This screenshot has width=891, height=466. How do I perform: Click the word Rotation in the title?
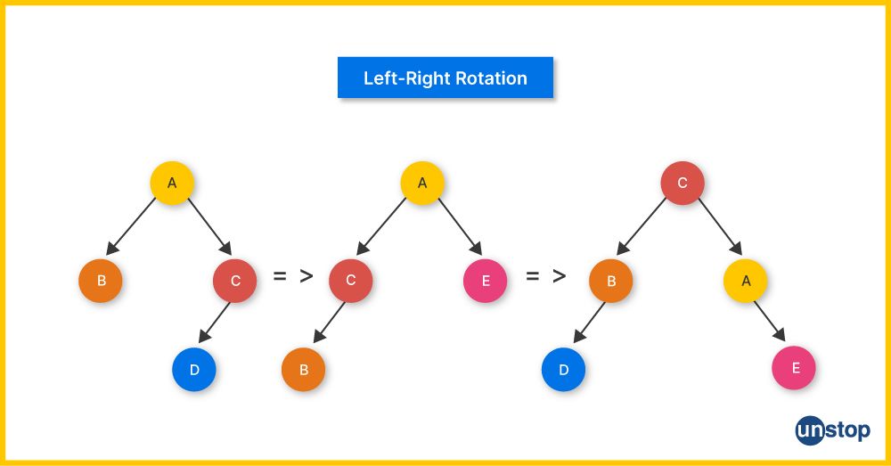491,78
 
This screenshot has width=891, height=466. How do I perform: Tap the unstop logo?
832,431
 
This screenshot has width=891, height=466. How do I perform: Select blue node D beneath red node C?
194,370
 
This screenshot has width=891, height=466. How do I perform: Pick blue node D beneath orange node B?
563,370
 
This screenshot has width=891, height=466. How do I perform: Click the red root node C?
683,184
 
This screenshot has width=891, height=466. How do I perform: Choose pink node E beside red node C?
485,281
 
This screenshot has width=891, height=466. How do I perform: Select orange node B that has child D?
611,282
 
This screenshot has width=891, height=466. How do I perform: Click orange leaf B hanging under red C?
304,370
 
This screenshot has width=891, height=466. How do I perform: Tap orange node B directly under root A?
101,281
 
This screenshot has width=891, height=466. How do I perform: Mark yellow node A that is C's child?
746,281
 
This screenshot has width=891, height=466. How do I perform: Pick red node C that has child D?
235,281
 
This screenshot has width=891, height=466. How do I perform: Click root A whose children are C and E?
422,184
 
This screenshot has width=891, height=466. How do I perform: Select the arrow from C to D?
214,323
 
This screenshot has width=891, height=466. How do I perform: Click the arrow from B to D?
589,323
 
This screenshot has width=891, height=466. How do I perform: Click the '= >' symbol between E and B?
545,276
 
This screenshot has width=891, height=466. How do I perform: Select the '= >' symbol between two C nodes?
292,276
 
